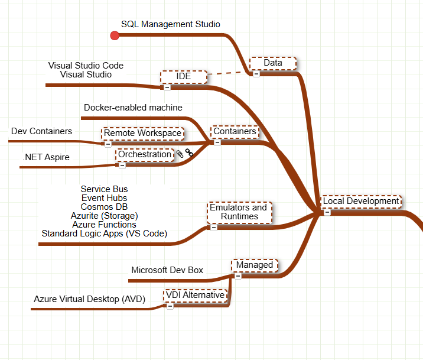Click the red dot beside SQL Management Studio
pos(115,36)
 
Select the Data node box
pos(272,63)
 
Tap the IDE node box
pos(184,77)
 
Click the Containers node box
pos(235,131)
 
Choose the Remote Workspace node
pos(143,133)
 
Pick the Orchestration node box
pos(145,154)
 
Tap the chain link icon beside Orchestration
pos(190,153)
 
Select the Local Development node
pos(361,201)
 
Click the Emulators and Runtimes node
pos(239,212)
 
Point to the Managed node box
pos(255,265)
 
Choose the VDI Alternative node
pos(196,295)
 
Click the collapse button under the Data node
pos(256,74)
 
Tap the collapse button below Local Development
pos(327,212)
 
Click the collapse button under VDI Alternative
pos(170,306)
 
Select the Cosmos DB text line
pos(104,207)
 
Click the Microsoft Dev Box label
pos(167,270)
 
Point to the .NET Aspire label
pos(46,157)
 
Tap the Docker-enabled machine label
pos(133,108)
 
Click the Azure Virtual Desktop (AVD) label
pos(89,299)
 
